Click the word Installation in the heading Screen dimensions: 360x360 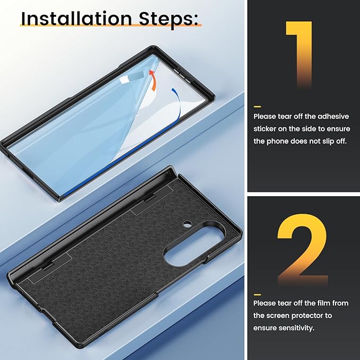coord(76,19)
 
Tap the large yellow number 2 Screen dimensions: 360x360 coord(303,249)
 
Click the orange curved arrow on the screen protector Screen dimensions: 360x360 coord(153,81)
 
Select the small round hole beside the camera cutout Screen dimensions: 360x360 coord(188,224)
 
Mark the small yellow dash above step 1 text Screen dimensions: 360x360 coord(257,107)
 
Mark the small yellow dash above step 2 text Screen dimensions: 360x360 coord(257,295)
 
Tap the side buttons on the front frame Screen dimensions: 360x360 coord(182,75)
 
